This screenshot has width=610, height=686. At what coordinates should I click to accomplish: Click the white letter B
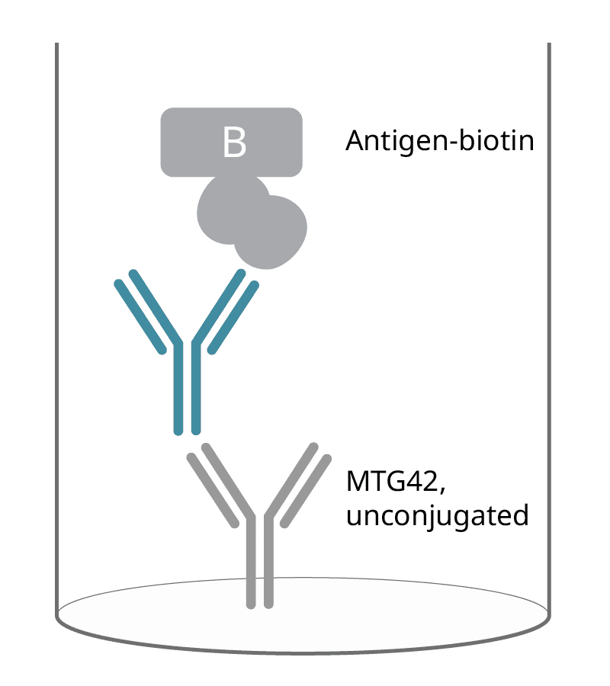point(234,143)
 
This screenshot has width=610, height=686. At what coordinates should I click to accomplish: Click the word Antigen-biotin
point(438,142)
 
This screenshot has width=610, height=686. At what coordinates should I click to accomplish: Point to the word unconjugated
point(437,516)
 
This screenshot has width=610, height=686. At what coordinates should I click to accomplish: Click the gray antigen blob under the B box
point(252,221)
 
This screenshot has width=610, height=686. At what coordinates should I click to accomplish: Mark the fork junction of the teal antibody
point(188,347)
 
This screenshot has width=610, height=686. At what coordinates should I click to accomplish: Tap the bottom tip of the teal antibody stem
point(188,430)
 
